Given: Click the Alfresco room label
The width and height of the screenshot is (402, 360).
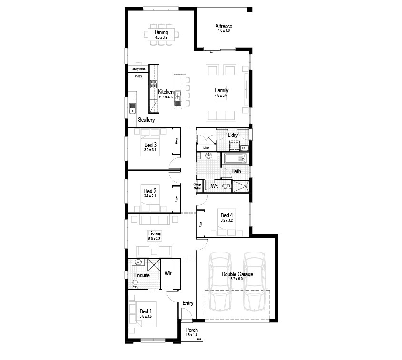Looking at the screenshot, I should tap(223, 26).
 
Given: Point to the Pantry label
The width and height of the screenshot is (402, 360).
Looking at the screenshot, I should tap(138, 76).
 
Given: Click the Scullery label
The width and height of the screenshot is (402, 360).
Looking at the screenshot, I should tap(147, 120).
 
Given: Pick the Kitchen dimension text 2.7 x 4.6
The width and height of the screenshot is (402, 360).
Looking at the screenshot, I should tap(166, 97).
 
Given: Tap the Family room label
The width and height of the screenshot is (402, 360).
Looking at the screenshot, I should tap(221, 90).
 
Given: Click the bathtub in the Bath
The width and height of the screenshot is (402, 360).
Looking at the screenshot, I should tap(235, 158).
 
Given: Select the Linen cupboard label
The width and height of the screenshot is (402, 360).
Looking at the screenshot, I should tap(206, 148).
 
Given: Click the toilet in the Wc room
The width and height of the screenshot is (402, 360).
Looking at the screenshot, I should tap(226, 186).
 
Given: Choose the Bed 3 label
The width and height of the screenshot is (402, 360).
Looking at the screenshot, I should tap(150, 145).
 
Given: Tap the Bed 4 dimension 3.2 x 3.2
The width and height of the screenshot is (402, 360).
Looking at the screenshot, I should tap(226, 220).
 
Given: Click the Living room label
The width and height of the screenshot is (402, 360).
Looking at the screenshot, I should tap(155, 234).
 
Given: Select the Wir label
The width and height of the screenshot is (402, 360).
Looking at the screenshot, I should tap(168, 273).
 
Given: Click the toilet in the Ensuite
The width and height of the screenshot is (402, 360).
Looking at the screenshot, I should tap(135, 284).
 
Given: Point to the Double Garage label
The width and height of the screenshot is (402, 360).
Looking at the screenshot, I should tap(237, 274).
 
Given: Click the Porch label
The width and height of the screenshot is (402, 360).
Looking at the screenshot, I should tap(192, 330).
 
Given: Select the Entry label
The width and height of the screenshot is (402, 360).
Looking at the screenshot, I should tap(188, 303).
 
